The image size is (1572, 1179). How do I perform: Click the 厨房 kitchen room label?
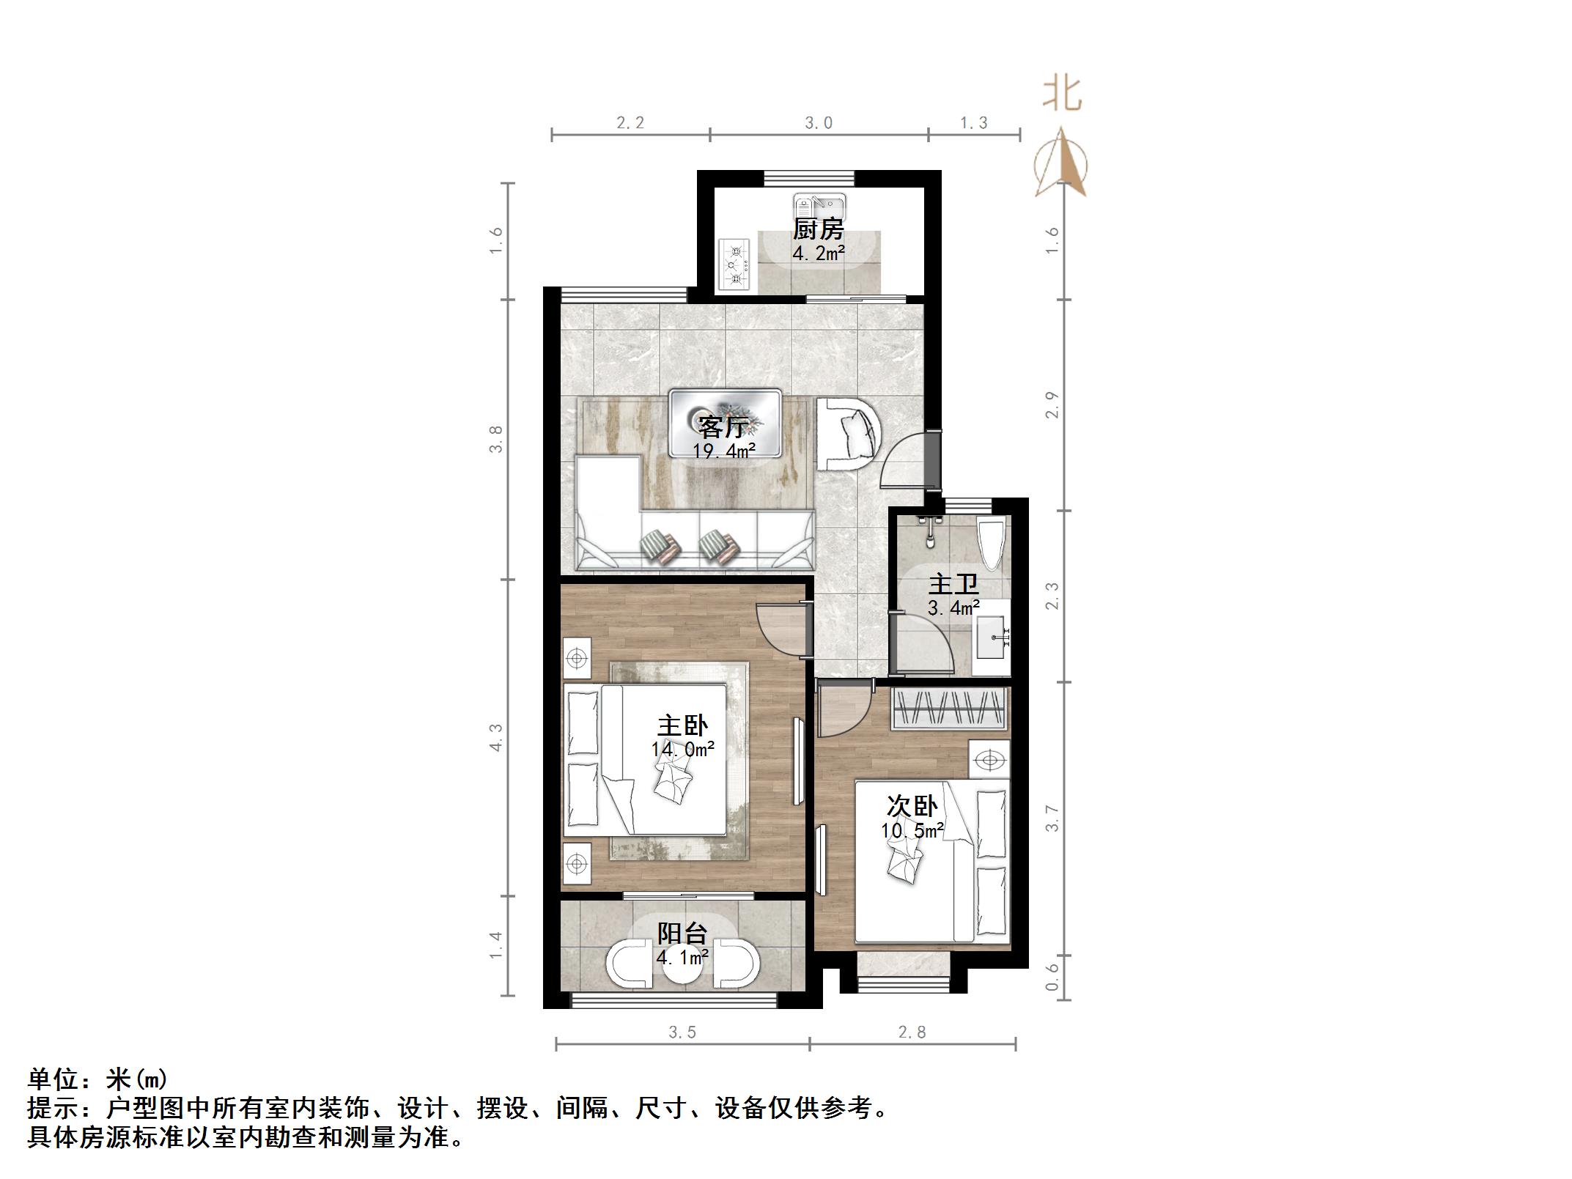point(818,229)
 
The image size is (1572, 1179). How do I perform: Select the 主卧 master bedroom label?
point(682,725)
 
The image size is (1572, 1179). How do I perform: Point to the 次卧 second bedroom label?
point(912,806)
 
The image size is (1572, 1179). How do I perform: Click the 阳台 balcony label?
point(682,934)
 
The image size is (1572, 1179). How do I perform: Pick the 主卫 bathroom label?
point(953,584)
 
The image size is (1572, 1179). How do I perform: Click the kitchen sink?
point(819,204)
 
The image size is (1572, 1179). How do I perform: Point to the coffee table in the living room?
point(724,432)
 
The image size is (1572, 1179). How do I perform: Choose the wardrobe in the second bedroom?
point(949,709)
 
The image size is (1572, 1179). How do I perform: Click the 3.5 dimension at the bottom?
point(682,1032)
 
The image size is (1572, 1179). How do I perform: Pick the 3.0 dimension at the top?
point(819,123)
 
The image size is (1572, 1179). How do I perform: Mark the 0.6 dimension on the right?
point(1052,977)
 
